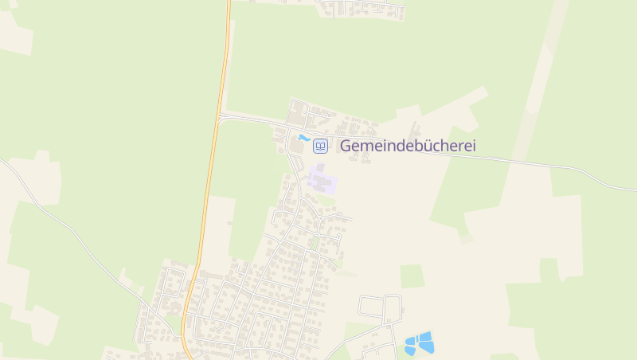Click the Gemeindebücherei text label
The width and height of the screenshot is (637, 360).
coord(408,146)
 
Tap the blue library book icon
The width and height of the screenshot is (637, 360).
coord(320,146)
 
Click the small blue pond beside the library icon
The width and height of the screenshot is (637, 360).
coord(303,138)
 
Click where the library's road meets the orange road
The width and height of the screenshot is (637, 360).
coord(219,116)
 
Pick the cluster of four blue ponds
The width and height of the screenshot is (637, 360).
coord(420,343)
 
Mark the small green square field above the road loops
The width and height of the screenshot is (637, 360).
coord(412,276)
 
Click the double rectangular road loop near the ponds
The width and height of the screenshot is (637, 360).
coord(380,306)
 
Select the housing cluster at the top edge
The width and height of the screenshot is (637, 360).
coord(362,8)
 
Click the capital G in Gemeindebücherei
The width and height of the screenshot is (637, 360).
coord(346,146)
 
